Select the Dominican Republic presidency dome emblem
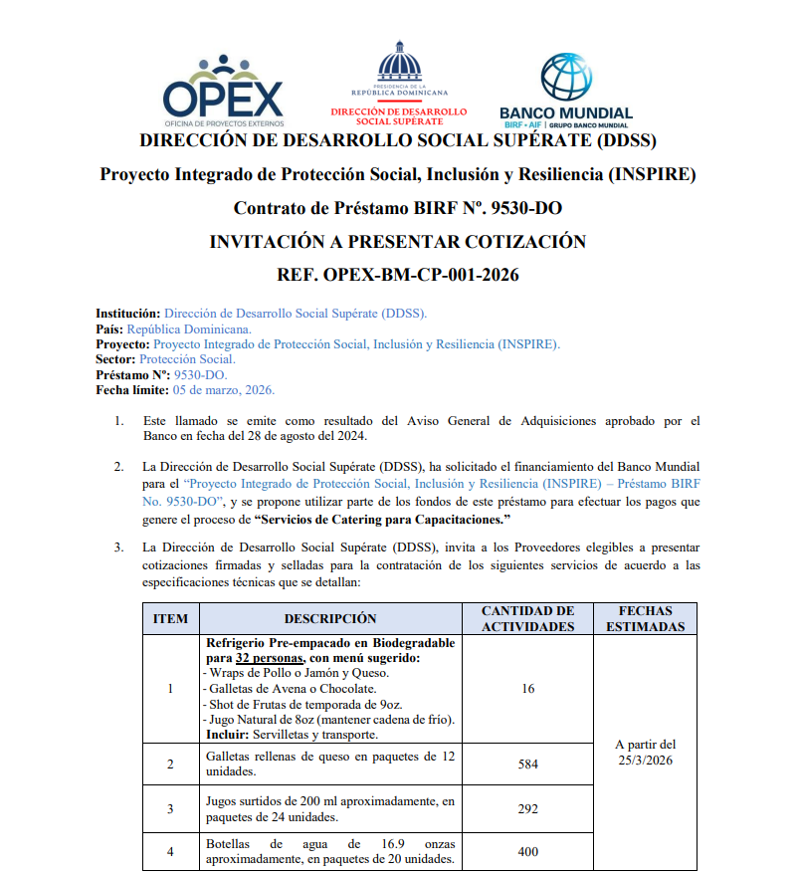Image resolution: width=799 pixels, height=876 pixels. (398, 65)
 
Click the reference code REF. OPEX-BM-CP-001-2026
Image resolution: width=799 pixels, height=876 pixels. (398, 274)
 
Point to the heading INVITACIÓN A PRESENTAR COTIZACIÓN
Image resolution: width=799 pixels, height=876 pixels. (398, 242)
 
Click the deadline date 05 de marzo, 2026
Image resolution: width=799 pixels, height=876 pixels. (224, 390)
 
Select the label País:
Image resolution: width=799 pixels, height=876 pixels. (109, 328)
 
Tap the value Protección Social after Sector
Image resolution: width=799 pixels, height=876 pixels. (187, 359)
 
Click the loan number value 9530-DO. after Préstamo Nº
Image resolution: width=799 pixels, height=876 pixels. (200, 375)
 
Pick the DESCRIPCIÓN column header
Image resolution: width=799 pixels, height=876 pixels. (330, 618)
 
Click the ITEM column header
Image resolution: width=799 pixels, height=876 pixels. (170, 618)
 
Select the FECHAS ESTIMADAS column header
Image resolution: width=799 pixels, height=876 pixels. (645, 618)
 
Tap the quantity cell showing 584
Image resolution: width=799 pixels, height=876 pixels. (528, 765)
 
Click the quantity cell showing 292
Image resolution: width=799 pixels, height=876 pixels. (528, 809)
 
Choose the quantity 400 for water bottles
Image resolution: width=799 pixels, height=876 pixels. (528, 852)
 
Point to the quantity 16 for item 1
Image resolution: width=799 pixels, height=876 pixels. (528, 688)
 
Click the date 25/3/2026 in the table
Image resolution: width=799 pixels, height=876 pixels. (645, 761)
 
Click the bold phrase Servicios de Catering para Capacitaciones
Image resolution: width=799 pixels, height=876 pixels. (382, 521)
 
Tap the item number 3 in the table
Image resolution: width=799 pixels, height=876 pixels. (170, 809)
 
